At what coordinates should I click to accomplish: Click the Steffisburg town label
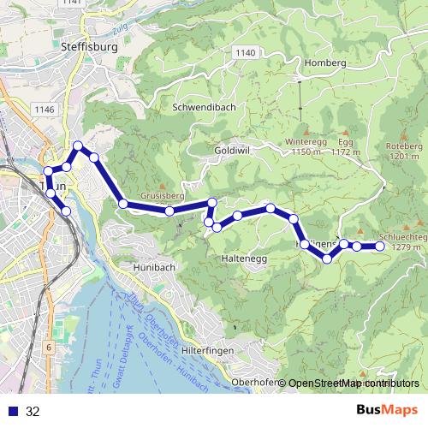pyautogui.click(x=89, y=49)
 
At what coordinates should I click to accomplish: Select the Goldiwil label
pyautogui.click(x=232, y=149)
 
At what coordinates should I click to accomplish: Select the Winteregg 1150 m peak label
pyautogui.click(x=306, y=146)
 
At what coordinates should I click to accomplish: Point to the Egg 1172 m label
pyautogui.click(x=344, y=146)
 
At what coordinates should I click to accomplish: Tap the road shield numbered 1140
pyautogui.click(x=245, y=53)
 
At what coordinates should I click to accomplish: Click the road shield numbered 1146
pyautogui.click(x=45, y=110)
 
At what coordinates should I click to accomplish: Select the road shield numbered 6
pyautogui.click(x=50, y=347)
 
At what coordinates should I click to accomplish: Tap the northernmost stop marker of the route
pyautogui.click(x=78, y=146)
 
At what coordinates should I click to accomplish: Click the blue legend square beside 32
pyautogui.click(x=11, y=412)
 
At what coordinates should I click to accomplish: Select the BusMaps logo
pyautogui.click(x=387, y=411)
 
